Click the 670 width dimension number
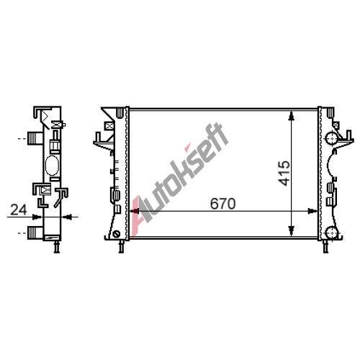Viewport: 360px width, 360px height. click(222, 204)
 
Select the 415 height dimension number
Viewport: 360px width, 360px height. click(285, 174)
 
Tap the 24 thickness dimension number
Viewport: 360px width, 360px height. click(19, 210)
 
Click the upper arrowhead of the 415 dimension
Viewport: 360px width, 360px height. click(292, 116)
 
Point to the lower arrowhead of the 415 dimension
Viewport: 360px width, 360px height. click(292, 231)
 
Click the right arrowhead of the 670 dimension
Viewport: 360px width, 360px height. click(312, 211)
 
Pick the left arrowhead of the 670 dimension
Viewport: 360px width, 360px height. click(135, 211)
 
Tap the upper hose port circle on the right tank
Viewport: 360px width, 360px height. click(332, 138)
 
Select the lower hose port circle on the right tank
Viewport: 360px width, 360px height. click(332, 233)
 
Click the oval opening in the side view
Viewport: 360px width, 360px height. click(52, 166)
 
